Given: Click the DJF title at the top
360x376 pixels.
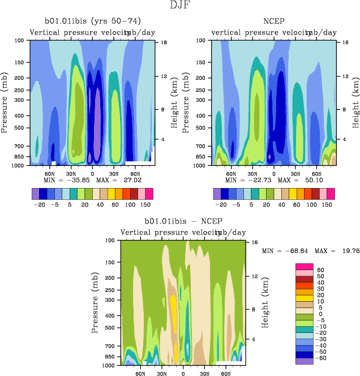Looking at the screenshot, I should pos(180,6).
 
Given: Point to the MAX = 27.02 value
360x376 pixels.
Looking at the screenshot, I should pos(117,180).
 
